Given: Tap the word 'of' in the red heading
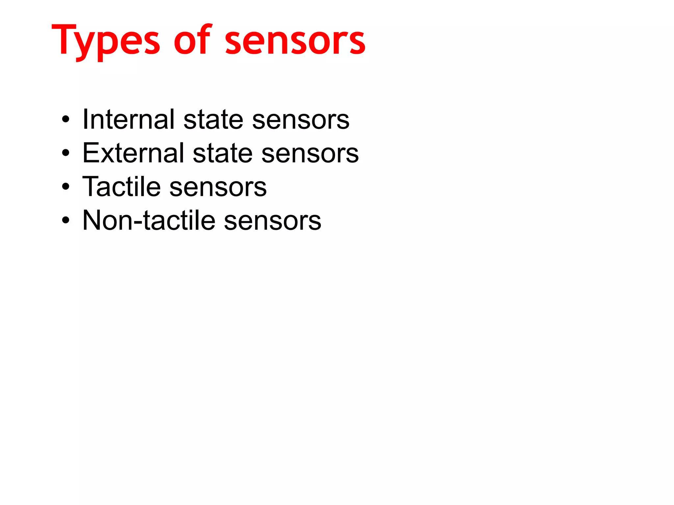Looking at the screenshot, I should pos(192,40).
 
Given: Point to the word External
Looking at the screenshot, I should pos(133,153).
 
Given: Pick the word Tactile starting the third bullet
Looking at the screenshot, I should pos(121,186).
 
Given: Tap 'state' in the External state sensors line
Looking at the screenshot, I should pos(222,154).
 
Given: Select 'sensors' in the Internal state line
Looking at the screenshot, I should pos(300,120).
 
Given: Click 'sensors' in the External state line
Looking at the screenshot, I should pos(310,154).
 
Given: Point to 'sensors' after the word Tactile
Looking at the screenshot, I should pos(218,188).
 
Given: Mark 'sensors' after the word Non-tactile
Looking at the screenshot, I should pos(272,221).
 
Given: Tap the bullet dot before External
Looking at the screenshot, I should pos(66,153).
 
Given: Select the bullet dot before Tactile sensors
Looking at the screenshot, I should pos(66,186).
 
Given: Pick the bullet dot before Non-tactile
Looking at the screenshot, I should pos(66,220).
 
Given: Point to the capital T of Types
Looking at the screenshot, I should pos(64,39).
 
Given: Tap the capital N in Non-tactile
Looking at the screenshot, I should pos(93,220).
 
